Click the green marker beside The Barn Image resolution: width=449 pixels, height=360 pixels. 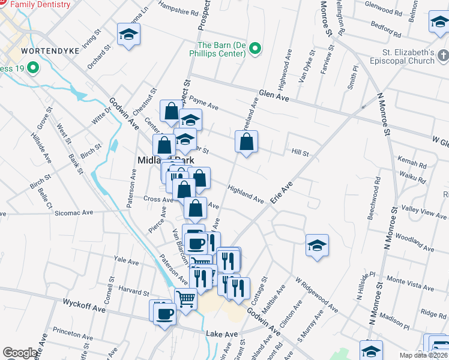255,48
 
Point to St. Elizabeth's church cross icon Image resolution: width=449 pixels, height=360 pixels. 443,56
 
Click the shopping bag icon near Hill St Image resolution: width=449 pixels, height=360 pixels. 246,142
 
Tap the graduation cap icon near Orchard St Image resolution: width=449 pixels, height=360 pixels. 128,35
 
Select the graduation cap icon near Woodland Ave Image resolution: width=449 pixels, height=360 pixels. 317,245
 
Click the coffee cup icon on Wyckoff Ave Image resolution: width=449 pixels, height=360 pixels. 164,313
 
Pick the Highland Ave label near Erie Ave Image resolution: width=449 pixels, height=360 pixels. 246,193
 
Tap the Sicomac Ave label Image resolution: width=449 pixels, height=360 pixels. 74,212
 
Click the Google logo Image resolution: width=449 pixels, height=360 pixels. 20,353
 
